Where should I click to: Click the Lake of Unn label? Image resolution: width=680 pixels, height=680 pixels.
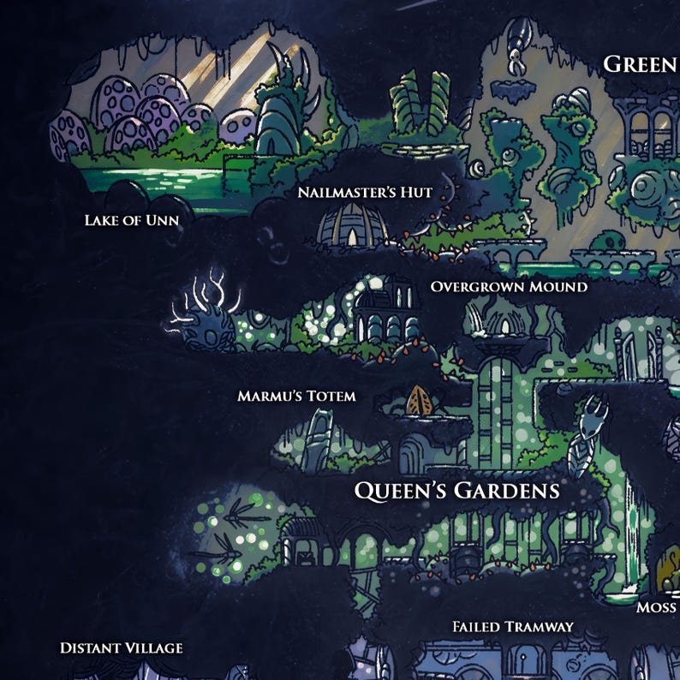(x=131, y=220)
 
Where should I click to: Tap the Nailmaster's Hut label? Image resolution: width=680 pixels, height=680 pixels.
(x=365, y=192)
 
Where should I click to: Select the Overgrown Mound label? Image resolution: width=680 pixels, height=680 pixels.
(x=509, y=286)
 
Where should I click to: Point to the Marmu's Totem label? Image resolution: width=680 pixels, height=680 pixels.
(x=295, y=397)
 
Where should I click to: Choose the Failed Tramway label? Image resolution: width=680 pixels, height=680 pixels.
(x=512, y=627)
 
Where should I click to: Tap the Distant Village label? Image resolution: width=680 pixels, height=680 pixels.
(x=121, y=647)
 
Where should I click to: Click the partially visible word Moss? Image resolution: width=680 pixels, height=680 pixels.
(x=657, y=607)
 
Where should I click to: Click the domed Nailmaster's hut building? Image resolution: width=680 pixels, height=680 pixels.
(x=352, y=224)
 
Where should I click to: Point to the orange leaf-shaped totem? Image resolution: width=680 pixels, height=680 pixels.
(x=419, y=400)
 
